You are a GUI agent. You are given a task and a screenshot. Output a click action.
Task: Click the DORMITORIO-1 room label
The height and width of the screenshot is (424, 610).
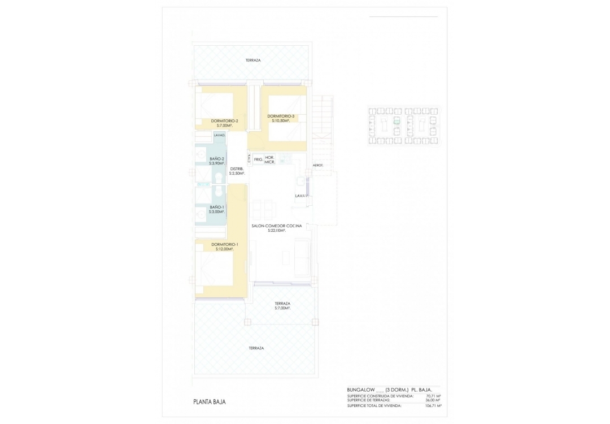[225, 245]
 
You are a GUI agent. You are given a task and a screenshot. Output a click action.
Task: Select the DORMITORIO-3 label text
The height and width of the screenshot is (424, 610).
[281, 116]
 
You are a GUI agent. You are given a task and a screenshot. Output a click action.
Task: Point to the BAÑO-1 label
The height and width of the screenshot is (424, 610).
[217, 207]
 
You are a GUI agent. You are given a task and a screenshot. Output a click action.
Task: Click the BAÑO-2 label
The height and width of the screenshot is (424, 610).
[217, 159]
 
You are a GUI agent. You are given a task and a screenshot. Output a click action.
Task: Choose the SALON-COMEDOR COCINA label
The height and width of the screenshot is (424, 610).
[277, 226]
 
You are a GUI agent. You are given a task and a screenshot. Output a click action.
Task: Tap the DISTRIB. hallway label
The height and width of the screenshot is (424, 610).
[237, 169]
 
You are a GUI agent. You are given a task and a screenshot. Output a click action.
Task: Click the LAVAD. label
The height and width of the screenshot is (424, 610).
[219, 135]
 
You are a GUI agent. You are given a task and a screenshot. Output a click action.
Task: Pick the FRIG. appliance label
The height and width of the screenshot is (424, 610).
[258, 159]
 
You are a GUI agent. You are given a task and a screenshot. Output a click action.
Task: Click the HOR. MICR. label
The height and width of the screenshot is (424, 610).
[270, 159]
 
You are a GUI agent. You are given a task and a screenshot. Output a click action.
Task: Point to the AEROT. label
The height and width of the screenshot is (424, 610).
[318, 165]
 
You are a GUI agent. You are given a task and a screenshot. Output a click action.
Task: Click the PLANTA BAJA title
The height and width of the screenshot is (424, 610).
[210, 402]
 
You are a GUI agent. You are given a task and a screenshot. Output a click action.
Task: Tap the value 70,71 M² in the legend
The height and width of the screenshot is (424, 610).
[433, 396]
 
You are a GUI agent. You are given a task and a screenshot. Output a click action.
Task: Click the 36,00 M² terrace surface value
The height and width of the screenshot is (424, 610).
[433, 400]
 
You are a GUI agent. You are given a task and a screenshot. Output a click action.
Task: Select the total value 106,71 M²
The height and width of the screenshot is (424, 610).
[433, 406]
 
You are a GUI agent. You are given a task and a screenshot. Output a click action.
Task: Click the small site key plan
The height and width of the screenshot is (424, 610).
[404, 126]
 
